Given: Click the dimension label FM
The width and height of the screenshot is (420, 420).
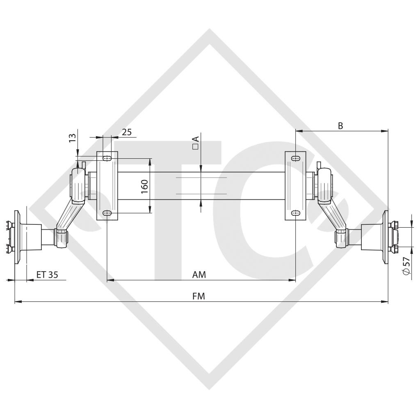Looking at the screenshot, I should [199, 296].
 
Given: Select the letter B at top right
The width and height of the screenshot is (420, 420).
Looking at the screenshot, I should [340, 126].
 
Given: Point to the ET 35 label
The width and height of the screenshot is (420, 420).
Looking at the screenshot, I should [47, 275].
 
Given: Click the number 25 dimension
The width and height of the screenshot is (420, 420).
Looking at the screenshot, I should [127, 132].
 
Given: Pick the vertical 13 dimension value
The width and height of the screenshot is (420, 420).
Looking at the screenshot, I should [72, 138].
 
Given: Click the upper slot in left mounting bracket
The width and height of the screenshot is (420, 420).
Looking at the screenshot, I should [107, 158].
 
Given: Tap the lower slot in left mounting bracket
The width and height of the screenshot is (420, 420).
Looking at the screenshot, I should [107, 213].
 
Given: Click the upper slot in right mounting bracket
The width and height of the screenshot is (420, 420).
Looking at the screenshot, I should [295, 158].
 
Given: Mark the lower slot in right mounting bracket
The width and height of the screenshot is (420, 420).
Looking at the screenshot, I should [295, 213].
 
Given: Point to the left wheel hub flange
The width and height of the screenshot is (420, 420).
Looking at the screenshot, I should [17, 238].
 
